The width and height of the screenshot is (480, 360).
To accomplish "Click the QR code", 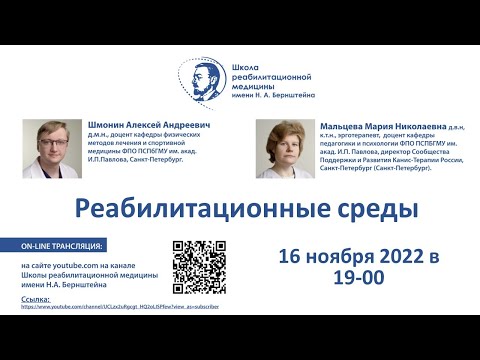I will [x=198, y=267].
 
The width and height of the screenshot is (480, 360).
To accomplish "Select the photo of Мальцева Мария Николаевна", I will [x=282, y=150].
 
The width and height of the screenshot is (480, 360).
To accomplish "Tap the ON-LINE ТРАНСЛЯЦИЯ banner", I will [x=68, y=245].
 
